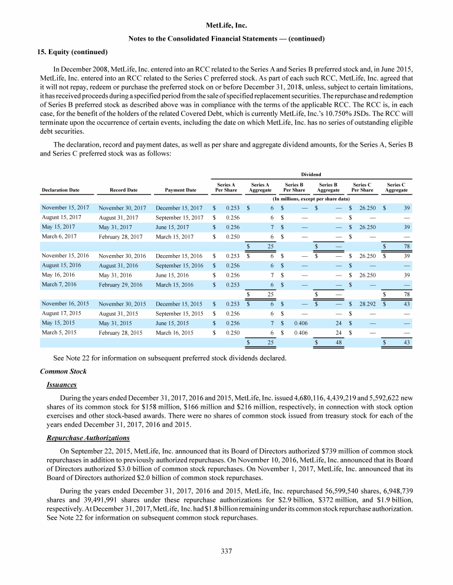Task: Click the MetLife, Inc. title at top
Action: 227,26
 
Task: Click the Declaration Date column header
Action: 61,190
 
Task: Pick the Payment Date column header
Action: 181,190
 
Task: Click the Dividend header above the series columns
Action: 311,174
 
